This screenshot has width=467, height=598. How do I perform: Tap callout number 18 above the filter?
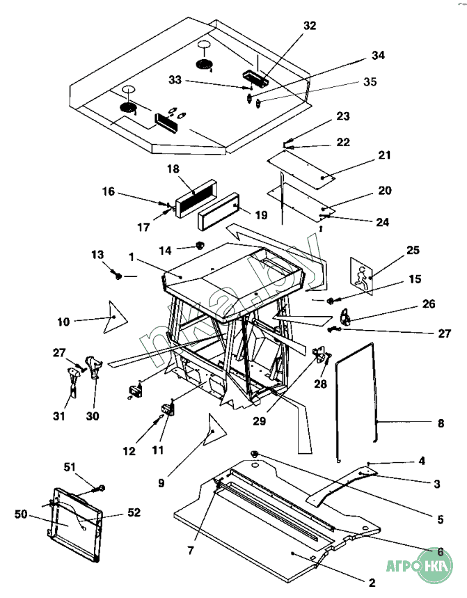pyautogui.click(x=173, y=169)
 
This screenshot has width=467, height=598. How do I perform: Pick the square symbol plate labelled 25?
pyautogui.click(x=362, y=273)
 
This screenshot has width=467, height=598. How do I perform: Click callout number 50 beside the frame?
pyautogui.click(x=20, y=514)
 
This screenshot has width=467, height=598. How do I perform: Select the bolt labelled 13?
pyautogui.click(x=118, y=276)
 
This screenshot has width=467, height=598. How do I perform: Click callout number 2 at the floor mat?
pyautogui.click(x=372, y=581)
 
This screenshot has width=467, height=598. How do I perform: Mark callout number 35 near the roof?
pyautogui.click(x=370, y=82)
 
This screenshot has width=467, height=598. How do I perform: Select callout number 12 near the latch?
pyautogui.click(x=129, y=451)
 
